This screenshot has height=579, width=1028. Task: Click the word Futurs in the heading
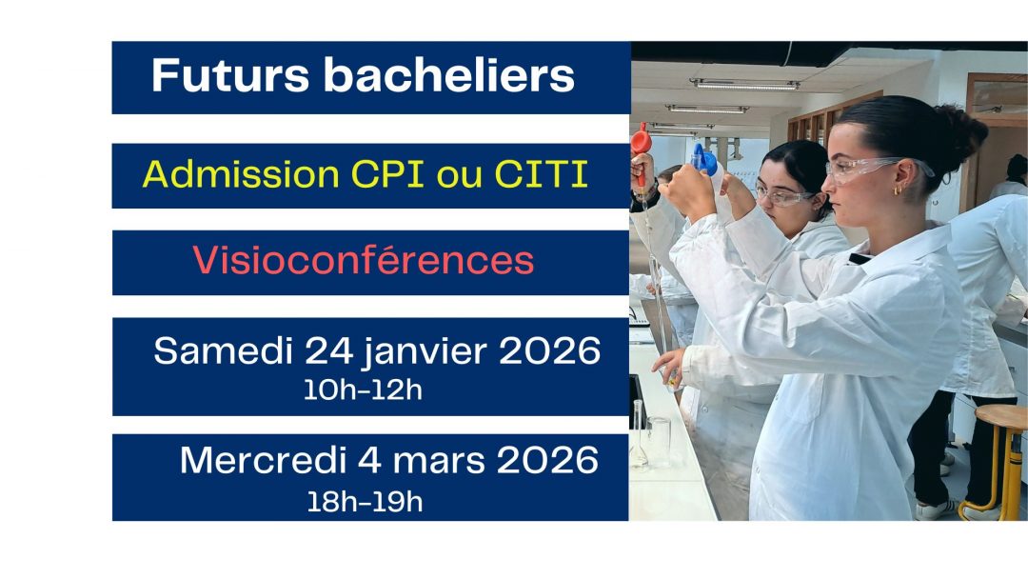(230, 75)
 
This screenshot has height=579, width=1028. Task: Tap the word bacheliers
(449, 75)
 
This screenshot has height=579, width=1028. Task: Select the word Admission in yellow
(241, 174)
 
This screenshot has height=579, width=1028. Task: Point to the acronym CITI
(541, 174)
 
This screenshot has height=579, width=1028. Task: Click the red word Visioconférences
(364, 260)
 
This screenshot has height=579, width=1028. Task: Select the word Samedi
(223, 350)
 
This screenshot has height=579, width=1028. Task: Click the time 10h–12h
(363, 390)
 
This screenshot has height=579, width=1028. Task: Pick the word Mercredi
(263, 460)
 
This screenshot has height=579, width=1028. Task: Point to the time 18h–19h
(365, 502)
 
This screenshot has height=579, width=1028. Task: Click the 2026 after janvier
(549, 350)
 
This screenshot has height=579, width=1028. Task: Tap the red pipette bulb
(641, 140)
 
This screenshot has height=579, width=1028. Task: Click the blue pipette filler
(703, 159)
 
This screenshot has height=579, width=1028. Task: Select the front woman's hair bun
(962, 131)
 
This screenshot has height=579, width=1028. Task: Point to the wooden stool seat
(1001, 417)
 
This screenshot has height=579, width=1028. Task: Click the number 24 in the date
(328, 350)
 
